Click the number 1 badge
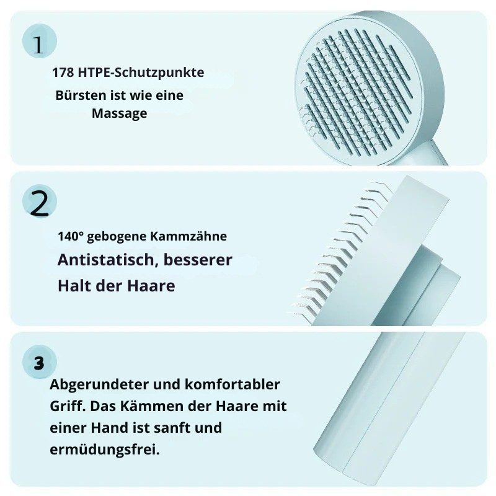tap(39, 43)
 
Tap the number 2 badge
tap(39, 203)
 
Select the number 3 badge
tap(39, 363)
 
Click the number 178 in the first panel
tap(63, 73)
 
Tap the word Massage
tap(119, 113)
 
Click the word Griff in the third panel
tap(64, 406)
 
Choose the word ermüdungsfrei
tap(104, 449)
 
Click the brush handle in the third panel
tap(384, 409)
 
